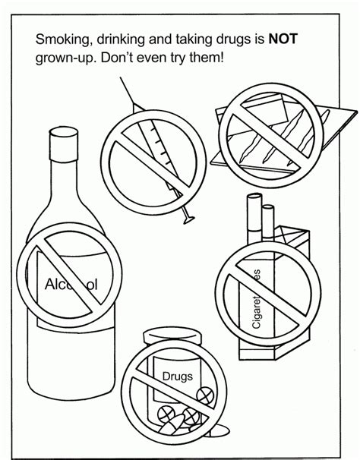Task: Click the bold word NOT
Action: tap(283, 39)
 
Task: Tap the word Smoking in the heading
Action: tap(62, 39)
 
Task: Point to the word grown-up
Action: tap(66, 58)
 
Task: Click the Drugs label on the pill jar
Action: tap(178, 377)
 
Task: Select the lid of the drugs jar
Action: tap(172, 337)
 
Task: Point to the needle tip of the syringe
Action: tap(121, 78)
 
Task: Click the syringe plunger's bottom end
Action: tap(188, 219)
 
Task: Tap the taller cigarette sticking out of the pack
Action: tap(254, 218)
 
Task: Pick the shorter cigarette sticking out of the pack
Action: tap(268, 222)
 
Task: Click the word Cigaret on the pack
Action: tap(256, 313)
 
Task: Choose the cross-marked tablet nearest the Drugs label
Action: tap(204, 395)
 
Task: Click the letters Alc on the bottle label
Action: tap(55, 284)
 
